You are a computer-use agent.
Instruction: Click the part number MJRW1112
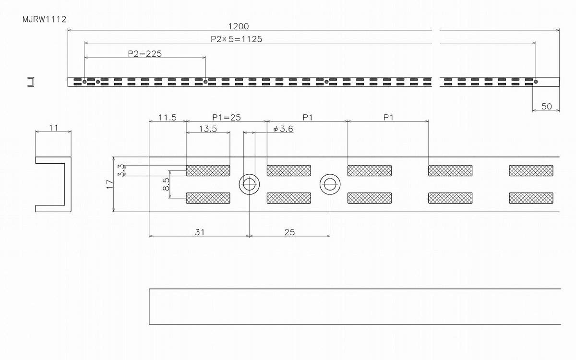[45, 19]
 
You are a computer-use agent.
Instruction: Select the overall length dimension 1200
[239, 26]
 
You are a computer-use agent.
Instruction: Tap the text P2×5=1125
[236, 39]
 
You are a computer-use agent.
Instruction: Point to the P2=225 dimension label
[145, 54]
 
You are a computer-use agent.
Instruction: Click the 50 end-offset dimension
[546, 106]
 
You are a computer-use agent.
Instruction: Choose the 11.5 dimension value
[168, 118]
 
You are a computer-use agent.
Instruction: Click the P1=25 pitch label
[226, 118]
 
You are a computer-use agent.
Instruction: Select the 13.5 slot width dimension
[208, 129]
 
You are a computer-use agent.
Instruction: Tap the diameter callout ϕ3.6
[283, 129]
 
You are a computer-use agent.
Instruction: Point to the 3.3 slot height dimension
[121, 170]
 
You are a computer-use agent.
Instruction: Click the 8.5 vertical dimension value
[166, 184]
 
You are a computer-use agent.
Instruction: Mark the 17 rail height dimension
[110, 184]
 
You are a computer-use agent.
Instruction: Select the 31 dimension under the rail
[200, 232]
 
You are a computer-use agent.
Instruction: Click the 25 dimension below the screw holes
[289, 232]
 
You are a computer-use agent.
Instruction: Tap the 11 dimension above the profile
[53, 128]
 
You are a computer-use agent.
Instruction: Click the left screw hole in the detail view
[249, 184]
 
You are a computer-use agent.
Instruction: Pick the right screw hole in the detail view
[330, 184]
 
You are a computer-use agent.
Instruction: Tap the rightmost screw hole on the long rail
[536, 82]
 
